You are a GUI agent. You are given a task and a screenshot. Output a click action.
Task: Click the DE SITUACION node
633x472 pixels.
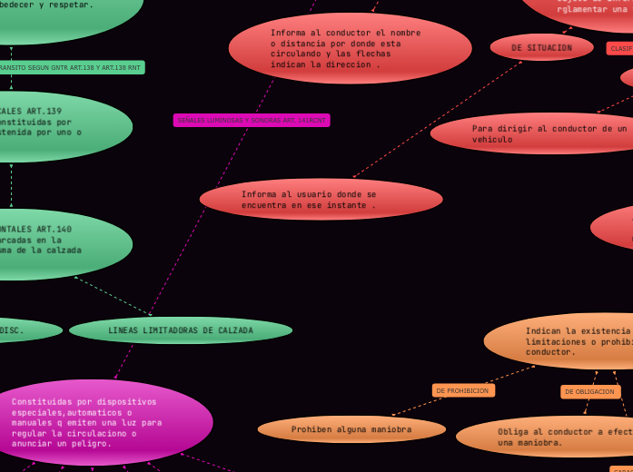click(x=541, y=47)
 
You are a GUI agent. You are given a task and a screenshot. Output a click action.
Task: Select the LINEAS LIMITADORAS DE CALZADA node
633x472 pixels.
click(x=181, y=330)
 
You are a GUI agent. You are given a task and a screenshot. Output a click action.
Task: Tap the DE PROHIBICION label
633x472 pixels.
click(x=462, y=390)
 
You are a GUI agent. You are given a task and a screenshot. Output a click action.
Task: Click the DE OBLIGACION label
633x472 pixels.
click(x=589, y=391)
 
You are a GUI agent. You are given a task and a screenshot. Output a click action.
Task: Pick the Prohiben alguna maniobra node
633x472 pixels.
click(x=351, y=429)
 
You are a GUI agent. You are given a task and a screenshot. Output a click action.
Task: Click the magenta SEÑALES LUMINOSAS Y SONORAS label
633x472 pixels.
click(x=252, y=120)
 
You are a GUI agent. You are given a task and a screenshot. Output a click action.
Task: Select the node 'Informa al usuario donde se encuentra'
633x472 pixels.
click(x=321, y=200)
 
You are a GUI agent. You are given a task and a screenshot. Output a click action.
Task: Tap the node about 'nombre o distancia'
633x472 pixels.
click(x=350, y=48)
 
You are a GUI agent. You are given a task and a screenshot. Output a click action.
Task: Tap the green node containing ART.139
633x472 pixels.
click(x=54, y=126)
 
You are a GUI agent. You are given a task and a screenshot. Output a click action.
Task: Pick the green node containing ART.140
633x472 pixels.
click(x=54, y=244)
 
